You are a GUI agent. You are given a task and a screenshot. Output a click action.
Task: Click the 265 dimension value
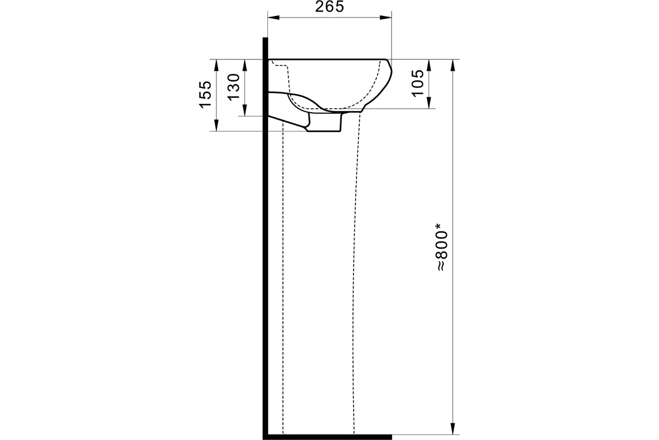[x=329, y=7]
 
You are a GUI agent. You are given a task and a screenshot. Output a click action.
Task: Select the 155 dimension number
[x=205, y=95]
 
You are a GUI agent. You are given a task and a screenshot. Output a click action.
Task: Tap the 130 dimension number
[x=234, y=87]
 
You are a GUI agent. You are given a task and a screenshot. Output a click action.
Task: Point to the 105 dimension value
[x=418, y=83]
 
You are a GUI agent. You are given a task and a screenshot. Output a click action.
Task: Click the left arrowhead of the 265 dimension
[x=273, y=18]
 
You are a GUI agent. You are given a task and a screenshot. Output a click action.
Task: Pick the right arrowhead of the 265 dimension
[x=386, y=18]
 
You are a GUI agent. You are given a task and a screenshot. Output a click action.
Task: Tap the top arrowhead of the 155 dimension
[x=216, y=65]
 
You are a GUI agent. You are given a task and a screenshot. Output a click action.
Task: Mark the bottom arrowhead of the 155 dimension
[x=216, y=125]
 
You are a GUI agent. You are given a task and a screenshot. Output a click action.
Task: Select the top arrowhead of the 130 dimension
[x=245, y=65]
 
